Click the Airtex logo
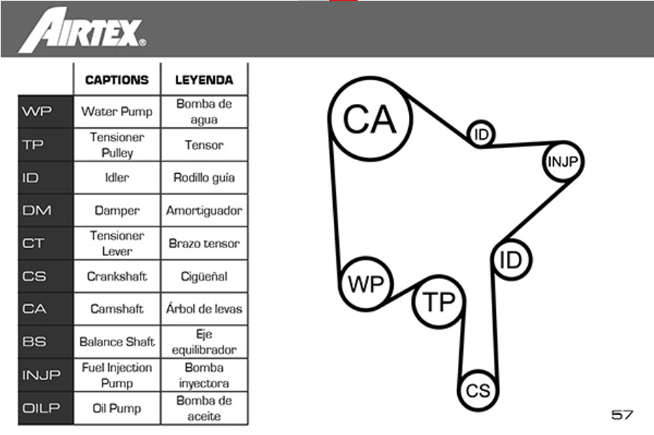tap(82, 30)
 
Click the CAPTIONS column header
tap(117, 80)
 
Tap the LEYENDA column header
tap(204, 80)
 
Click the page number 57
tap(622, 415)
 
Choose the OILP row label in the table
tap(41, 408)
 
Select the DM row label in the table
tap(37, 210)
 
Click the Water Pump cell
tap(117, 112)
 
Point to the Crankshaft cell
tap(117, 276)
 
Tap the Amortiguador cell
tap(204, 210)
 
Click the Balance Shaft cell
tap(117, 341)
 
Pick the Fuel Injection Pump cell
tap(117, 375)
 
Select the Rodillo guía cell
tap(204, 177)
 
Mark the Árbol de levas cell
tap(204, 309)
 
